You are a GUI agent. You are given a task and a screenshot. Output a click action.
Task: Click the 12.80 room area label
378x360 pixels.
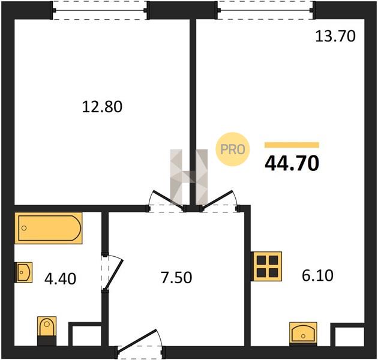[x=102, y=107]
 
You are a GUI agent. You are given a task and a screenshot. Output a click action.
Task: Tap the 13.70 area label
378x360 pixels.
[x=335, y=36]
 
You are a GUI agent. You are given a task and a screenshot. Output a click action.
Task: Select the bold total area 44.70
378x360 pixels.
[x=292, y=163]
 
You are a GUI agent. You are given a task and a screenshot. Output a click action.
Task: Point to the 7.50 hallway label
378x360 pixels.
[x=176, y=277]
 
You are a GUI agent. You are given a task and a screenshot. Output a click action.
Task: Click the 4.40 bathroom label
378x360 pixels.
[x=60, y=278]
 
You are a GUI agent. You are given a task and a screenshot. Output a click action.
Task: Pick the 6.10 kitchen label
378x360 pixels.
[x=318, y=275]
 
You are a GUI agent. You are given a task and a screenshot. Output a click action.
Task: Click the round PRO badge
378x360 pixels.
[x=232, y=149]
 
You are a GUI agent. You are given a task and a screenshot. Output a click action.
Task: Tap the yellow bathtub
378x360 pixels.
[x=49, y=228]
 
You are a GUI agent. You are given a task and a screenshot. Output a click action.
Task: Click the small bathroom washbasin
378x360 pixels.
[x=24, y=272]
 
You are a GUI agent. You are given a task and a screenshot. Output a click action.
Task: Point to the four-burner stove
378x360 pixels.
[x=266, y=266]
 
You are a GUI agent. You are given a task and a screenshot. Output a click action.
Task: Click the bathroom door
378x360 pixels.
[x=113, y=274]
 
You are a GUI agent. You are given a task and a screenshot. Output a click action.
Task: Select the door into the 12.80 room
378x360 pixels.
[x=168, y=200]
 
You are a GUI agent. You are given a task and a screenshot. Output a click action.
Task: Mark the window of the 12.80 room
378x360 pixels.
[x=100, y=10]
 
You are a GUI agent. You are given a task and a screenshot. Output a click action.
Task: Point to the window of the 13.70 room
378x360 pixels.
[x=265, y=10]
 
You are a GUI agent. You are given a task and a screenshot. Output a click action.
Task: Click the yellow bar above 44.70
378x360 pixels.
[x=292, y=145]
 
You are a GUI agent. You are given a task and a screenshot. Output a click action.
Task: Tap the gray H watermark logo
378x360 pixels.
[x=189, y=177]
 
